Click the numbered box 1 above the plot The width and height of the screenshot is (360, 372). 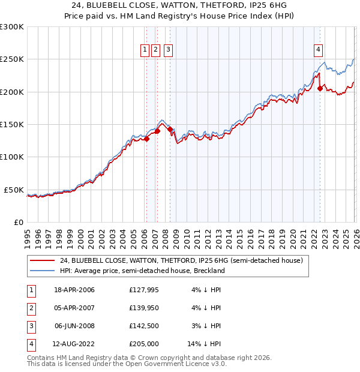point(145,50)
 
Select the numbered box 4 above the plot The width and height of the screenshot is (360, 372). point(318,50)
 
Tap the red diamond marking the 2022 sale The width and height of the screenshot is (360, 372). point(320,88)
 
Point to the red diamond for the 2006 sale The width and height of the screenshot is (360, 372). point(146,139)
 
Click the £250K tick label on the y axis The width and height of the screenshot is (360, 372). point(12,59)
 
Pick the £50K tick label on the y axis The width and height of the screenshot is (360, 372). point(14,190)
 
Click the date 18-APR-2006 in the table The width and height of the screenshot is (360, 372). point(74,290)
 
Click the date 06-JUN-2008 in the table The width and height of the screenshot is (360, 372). point(74,326)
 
